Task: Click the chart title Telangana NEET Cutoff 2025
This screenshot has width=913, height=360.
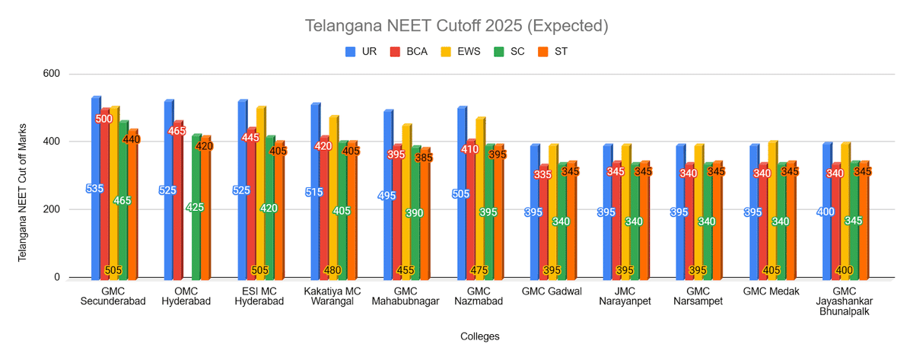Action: point(456,26)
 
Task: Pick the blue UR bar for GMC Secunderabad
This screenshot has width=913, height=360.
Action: point(95,228)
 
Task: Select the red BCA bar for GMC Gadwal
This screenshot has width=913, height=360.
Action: point(543,228)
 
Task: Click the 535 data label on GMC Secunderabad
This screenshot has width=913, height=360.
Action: point(94,189)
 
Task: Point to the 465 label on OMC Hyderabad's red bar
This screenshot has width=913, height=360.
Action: point(177,131)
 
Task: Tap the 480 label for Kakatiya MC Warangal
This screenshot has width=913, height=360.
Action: point(332,269)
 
